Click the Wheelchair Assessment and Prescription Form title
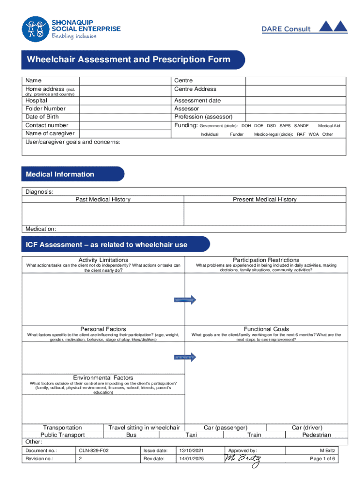point(129,60)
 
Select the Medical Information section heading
point(60,174)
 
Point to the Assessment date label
point(197,101)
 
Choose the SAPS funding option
point(285,126)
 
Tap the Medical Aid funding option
point(329,126)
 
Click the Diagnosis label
point(39,192)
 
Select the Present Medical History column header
point(265,200)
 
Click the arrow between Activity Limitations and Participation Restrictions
point(185,300)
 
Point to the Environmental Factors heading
point(103,377)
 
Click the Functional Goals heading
point(266,329)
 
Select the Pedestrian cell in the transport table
point(317,435)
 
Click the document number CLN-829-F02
point(94,450)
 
